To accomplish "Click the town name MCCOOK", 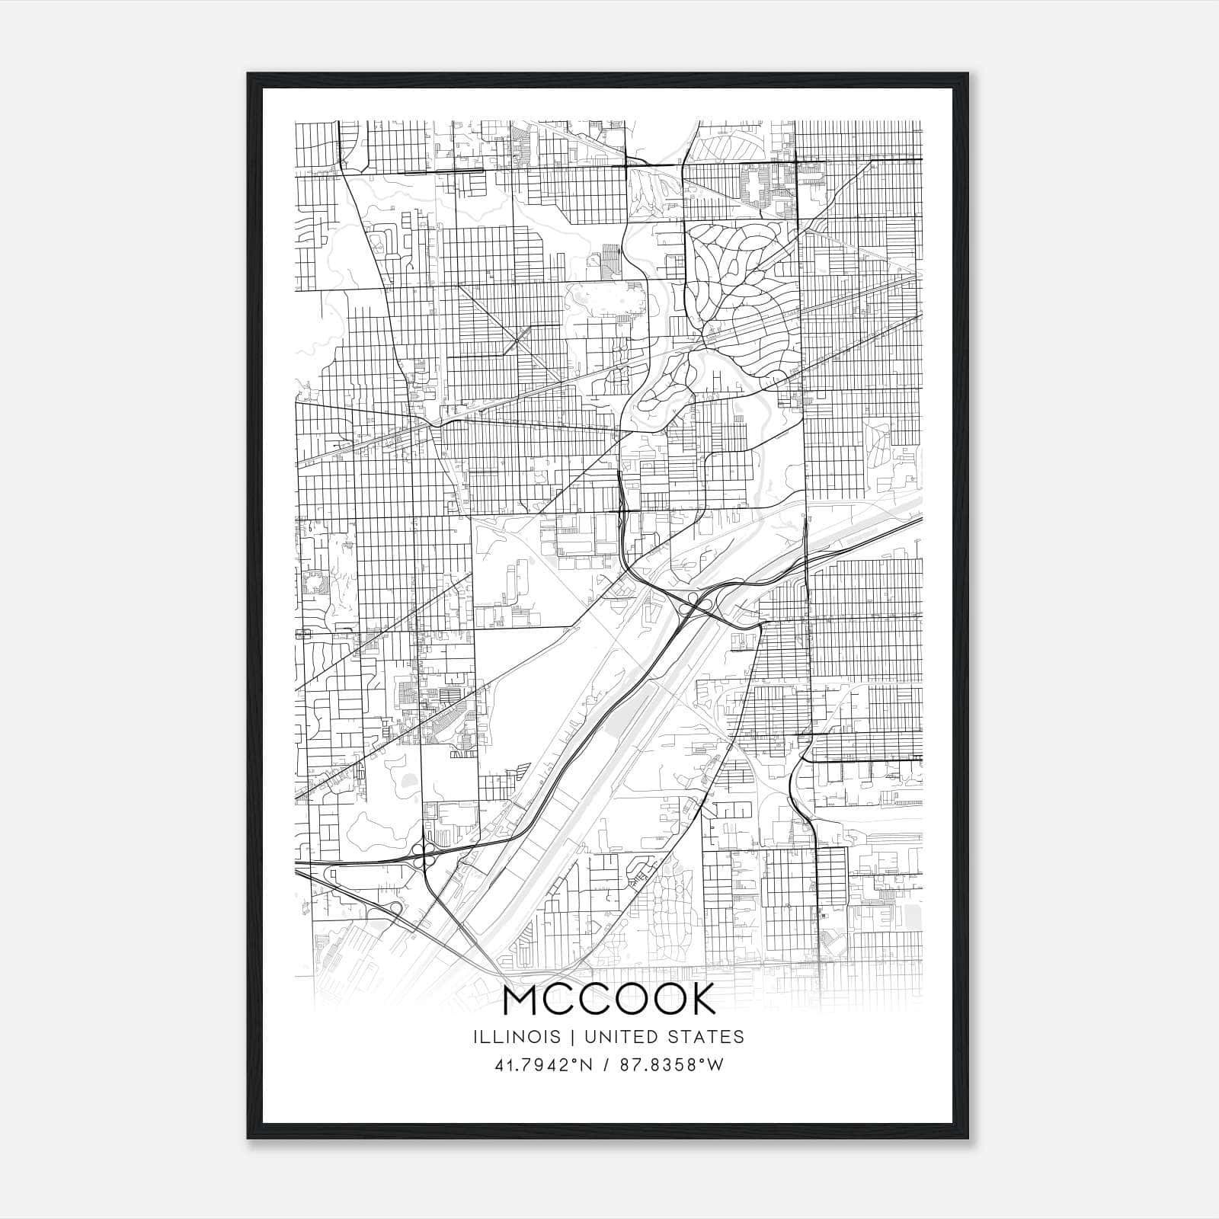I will pos(609,1000).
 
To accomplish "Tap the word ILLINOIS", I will pos(516,1037).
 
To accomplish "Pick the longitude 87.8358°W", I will pos(668,1065).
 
